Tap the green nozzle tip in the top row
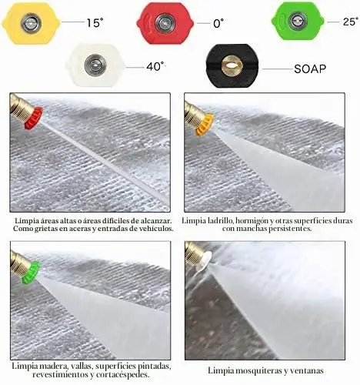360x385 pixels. coord(298,22)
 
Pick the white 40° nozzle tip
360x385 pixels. coord(95,65)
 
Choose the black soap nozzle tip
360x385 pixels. coord(232,65)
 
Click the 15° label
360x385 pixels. coord(95,22)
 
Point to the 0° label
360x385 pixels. coord(218,23)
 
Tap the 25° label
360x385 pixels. coord(350,22)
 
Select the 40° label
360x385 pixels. coord(156,67)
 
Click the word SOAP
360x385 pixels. coord(310,69)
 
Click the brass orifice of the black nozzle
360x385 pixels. coord(231,66)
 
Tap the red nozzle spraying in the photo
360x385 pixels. coord(33,118)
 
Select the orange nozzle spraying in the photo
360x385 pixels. coord(204,124)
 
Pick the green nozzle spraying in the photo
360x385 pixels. coord(31,272)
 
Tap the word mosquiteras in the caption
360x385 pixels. coord(258,370)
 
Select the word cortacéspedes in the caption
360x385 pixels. coord(122,374)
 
